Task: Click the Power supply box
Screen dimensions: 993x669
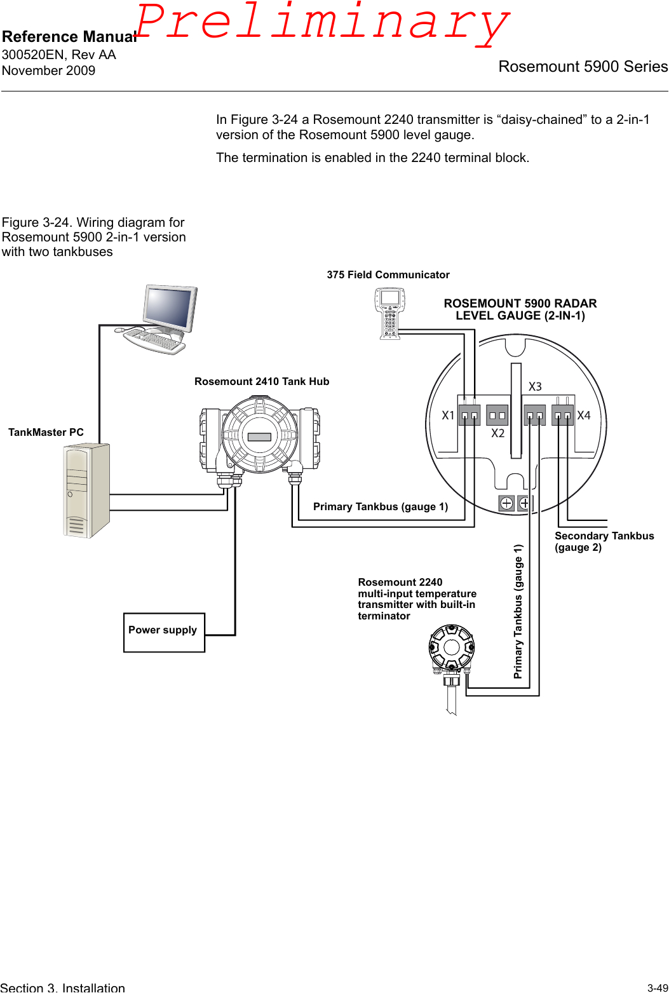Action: pyautogui.click(x=164, y=632)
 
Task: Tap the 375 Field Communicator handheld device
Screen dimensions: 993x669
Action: pyautogui.click(x=389, y=313)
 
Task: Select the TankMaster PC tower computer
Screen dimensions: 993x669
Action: pyautogui.click(x=87, y=490)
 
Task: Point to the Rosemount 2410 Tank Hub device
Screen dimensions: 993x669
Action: pyautogui.click(x=260, y=436)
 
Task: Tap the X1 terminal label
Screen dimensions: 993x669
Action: pyautogui.click(x=448, y=415)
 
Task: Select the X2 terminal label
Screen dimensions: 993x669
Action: pyautogui.click(x=497, y=433)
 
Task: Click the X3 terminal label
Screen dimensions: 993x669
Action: pyautogui.click(x=535, y=387)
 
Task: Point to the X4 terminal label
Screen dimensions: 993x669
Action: pyautogui.click(x=584, y=415)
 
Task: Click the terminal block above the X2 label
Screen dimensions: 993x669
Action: pyautogui.click(x=497, y=415)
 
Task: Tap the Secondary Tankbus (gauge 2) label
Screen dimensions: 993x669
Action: pyautogui.click(x=604, y=541)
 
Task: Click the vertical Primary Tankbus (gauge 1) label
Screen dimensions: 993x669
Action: pyautogui.click(x=518, y=611)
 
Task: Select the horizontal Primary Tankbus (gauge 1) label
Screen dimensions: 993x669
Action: pyautogui.click(x=380, y=506)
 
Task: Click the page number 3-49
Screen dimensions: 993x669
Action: pyautogui.click(x=657, y=988)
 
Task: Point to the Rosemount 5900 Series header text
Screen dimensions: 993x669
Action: pyautogui.click(x=583, y=67)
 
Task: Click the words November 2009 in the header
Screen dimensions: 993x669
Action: pyautogui.click(x=49, y=71)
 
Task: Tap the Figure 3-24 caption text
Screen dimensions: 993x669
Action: pyautogui.click(x=93, y=237)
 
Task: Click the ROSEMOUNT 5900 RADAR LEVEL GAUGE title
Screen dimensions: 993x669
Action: pyautogui.click(x=520, y=309)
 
